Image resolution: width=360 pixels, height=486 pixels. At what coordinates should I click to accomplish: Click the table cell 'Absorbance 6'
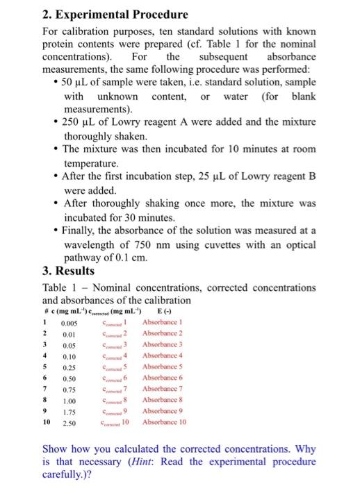pos(164,378)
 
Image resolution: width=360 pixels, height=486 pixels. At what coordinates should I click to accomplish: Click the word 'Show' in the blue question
pos(57,449)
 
